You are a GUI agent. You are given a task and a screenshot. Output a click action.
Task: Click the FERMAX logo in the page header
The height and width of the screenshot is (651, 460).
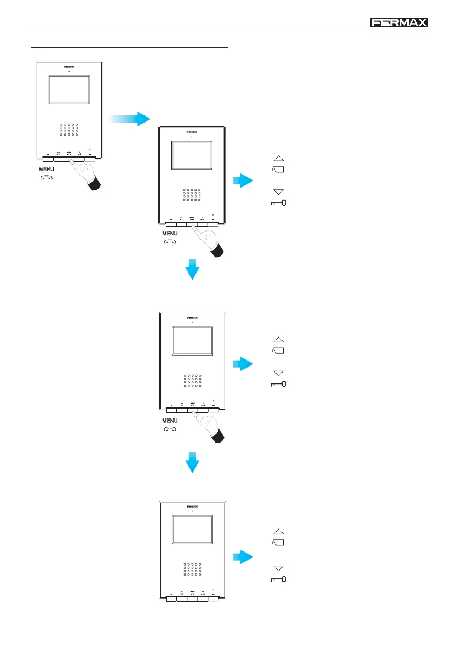click(x=399, y=22)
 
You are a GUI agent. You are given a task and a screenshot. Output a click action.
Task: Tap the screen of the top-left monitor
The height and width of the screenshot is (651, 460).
click(x=69, y=90)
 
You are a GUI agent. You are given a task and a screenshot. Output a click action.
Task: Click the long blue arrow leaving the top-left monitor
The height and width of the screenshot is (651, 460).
click(x=129, y=118)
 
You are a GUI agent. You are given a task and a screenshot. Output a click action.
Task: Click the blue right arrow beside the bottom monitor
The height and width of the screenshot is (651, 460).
click(x=242, y=557)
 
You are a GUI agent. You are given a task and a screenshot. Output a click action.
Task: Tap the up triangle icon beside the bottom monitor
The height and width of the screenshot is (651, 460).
click(x=278, y=531)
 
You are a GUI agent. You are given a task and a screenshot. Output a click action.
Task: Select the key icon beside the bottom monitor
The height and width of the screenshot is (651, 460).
click(x=278, y=578)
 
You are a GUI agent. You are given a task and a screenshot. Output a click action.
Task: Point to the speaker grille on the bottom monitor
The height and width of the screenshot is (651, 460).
click(x=192, y=569)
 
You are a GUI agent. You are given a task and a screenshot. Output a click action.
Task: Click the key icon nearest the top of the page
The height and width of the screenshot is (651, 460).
click(x=278, y=203)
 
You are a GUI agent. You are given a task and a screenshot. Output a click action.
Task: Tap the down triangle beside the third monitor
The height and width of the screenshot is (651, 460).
click(x=278, y=373)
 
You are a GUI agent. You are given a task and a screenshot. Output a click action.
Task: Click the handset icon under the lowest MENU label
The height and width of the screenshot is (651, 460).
click(x=170, y=429)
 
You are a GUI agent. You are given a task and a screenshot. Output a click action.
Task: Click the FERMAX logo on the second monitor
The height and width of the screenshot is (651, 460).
click(x=192, y=132)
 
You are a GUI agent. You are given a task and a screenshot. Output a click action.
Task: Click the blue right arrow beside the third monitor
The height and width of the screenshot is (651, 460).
click(x=242, y=364)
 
